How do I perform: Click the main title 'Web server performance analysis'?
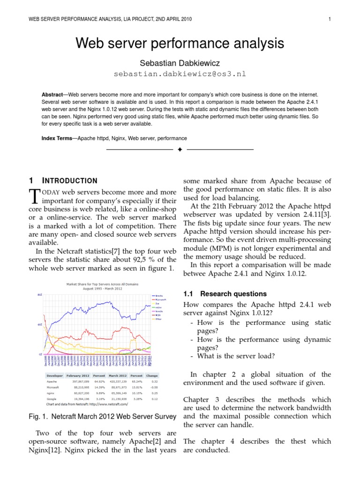point(180,44)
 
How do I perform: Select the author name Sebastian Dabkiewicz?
point(180,63)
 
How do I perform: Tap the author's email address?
point(180,74)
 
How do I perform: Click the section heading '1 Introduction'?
point(63,180)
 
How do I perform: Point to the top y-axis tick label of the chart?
point(40,295)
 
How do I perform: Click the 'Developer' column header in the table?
point(55,375)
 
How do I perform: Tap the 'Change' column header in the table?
point(152,375)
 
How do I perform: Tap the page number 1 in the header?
point(330,19)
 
